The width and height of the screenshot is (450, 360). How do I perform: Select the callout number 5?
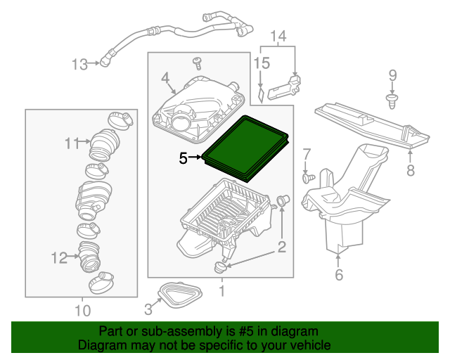pyautogui.click(x=183, y=159)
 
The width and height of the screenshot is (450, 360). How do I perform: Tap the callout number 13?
pyautogui.click(x=79, y=65)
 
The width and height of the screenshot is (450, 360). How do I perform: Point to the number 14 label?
pyautogui.click(x=278, y=36)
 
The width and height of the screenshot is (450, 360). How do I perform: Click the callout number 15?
pyautogui.click(x=261, y=63)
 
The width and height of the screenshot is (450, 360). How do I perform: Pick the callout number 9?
pyautogui.click(x=393, y=75)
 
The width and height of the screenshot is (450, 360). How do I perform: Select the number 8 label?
pyautogui.click(x=411, y=169)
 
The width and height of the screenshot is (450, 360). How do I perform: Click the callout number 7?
pyautogui.click(x=307, y=154)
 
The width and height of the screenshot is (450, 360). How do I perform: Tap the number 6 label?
pyautogui.click(x=339, y=275)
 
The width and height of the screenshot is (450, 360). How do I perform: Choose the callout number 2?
pyautogui.click(x=281, y=246)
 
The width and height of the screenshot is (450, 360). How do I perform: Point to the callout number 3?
pyautogui.click(x=148, y=308)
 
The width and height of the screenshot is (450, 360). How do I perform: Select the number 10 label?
pyautogui.click(x=82, y=309)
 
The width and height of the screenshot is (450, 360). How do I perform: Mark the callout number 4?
pyautogui.click(x=165, y=78)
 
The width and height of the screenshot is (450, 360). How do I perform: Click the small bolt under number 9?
pyautogui.click(x=392, y=101)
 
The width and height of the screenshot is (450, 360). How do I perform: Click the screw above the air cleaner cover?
pyautogui.click(x=198, y=63)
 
